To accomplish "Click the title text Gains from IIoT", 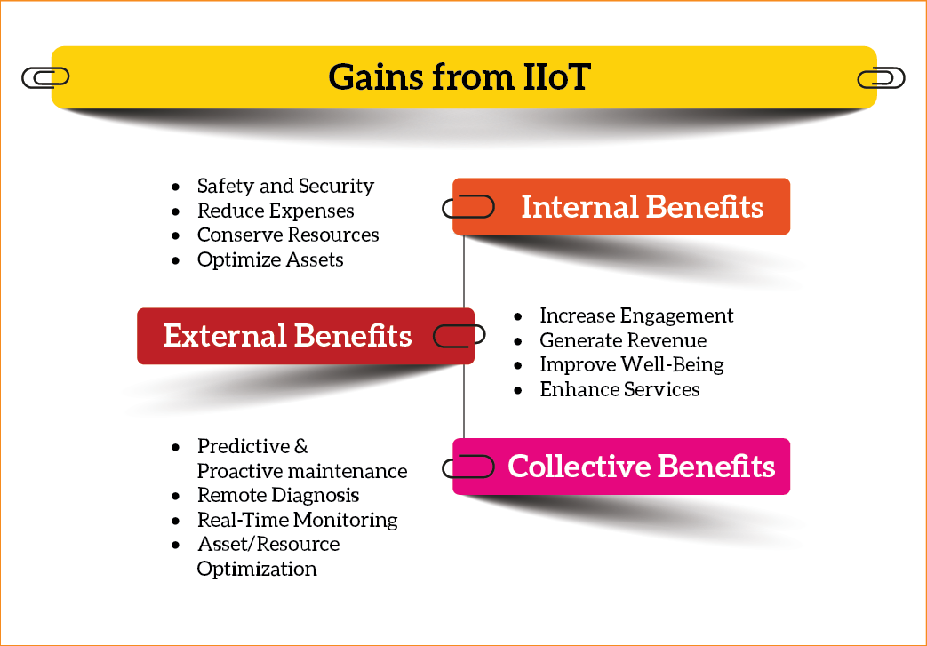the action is [x=460, y=76].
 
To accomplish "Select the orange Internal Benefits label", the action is [x=621, y=206].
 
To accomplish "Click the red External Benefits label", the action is [x=306, y=336].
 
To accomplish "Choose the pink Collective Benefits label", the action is [x=621, y=467].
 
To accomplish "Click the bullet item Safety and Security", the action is [x=285, y=187].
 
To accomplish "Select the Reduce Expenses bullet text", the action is [x=276, y=211].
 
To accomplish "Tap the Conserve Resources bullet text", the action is [x=288, y=235].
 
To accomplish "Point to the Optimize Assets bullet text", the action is [x=270, y=259].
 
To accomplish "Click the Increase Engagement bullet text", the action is [x=636, y=315].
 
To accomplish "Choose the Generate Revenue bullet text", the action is [x=623, y=340].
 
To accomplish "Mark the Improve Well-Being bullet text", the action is [x=632, y=364].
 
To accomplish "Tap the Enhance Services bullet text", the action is [x=619, y=389].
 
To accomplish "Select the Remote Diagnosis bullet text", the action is [x=278, y=495].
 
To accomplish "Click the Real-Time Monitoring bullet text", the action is [x=298, y=520].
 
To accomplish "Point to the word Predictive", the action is [x=244, y=446].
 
